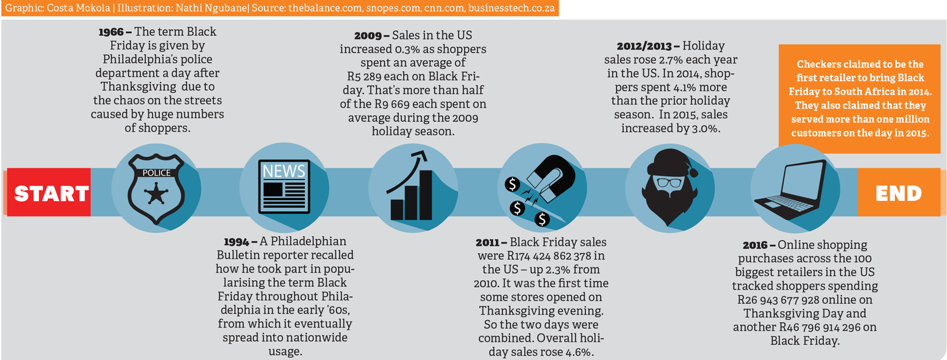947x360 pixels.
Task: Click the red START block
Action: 51,193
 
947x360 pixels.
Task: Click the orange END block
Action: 898,193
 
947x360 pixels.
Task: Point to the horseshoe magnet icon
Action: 541,189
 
